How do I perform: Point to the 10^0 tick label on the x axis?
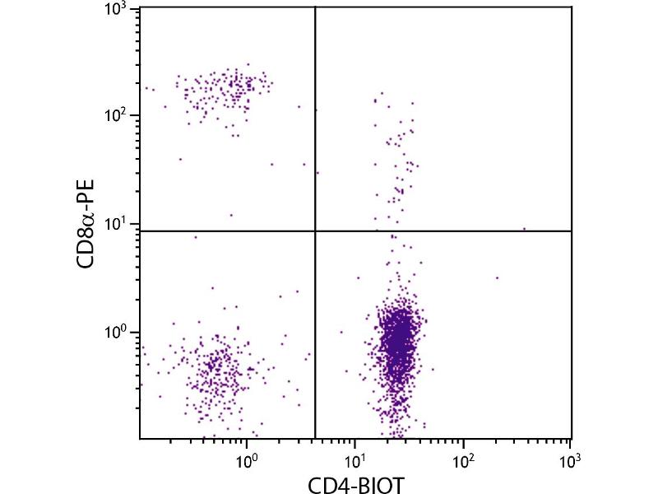247,454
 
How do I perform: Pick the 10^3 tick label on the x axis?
569,454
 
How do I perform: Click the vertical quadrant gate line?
316,123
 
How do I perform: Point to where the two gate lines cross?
316,231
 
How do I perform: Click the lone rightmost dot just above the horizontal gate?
524,229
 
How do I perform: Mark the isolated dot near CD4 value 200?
497,277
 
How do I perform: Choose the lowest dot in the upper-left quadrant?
231,215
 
